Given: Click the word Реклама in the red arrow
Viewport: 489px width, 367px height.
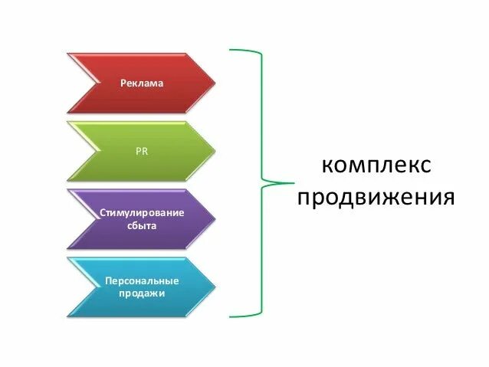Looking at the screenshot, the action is [142, 83].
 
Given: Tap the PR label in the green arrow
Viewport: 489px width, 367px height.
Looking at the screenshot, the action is [142, 151].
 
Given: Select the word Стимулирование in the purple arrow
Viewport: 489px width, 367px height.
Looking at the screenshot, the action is [142, 211].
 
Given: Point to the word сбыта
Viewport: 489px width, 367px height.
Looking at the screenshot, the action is [142, 226].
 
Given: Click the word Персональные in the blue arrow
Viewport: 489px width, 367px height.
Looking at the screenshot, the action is [142, 280].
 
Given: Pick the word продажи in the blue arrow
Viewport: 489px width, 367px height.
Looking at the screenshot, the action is [142, 293].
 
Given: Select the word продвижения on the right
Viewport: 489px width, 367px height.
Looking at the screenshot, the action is [376, 198].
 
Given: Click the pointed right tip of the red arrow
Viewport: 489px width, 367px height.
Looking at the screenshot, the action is [214, 83].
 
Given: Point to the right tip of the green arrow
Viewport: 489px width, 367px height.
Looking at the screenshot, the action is [214, 150].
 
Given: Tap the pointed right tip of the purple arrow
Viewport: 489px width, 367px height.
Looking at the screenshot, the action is [214, 218].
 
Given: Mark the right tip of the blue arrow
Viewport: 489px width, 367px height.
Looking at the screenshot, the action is [214, 287].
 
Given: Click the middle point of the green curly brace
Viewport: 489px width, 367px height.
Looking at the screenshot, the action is [291, 183].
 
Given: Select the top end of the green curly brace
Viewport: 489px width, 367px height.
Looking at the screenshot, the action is [231, 51].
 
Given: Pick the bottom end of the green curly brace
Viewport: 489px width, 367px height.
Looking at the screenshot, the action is [231, 315].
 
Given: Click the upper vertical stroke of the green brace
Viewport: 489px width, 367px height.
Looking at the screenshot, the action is [261, 115].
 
